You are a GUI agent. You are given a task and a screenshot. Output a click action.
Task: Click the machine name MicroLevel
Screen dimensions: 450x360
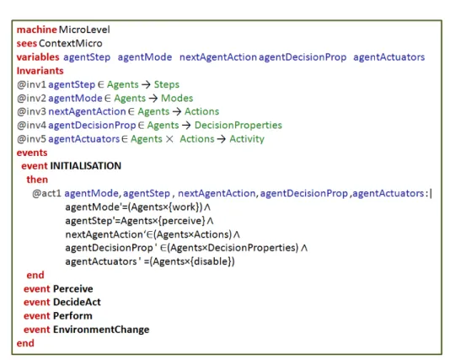84,30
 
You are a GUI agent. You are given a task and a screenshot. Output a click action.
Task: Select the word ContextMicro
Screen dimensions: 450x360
71,43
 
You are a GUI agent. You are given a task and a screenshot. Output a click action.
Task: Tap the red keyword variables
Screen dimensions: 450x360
38,57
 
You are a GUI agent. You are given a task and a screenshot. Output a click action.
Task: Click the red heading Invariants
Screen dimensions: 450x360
40,71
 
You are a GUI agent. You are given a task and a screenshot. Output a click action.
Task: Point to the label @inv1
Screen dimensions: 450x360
31,84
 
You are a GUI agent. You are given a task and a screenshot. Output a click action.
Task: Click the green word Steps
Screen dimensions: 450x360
167,84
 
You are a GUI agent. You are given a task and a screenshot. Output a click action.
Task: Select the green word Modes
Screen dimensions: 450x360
177,98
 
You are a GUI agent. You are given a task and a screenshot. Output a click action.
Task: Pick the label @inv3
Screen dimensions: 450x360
31,111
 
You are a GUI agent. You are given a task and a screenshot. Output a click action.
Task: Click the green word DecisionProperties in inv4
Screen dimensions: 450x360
238,126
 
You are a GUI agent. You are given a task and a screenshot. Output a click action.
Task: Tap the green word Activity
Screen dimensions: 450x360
247,139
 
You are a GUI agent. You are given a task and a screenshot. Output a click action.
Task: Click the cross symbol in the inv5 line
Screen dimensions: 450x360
169,139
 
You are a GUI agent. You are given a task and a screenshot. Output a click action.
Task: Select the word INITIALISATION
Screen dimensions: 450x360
85,166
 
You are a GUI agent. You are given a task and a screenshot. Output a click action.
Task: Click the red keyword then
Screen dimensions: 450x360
37,180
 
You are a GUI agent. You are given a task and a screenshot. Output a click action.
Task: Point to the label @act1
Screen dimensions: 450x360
46,194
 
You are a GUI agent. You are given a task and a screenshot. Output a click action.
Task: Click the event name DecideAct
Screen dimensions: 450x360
77,303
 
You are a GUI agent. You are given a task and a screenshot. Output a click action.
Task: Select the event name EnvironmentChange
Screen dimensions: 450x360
101,330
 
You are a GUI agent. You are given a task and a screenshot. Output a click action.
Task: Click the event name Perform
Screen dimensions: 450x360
72,316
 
